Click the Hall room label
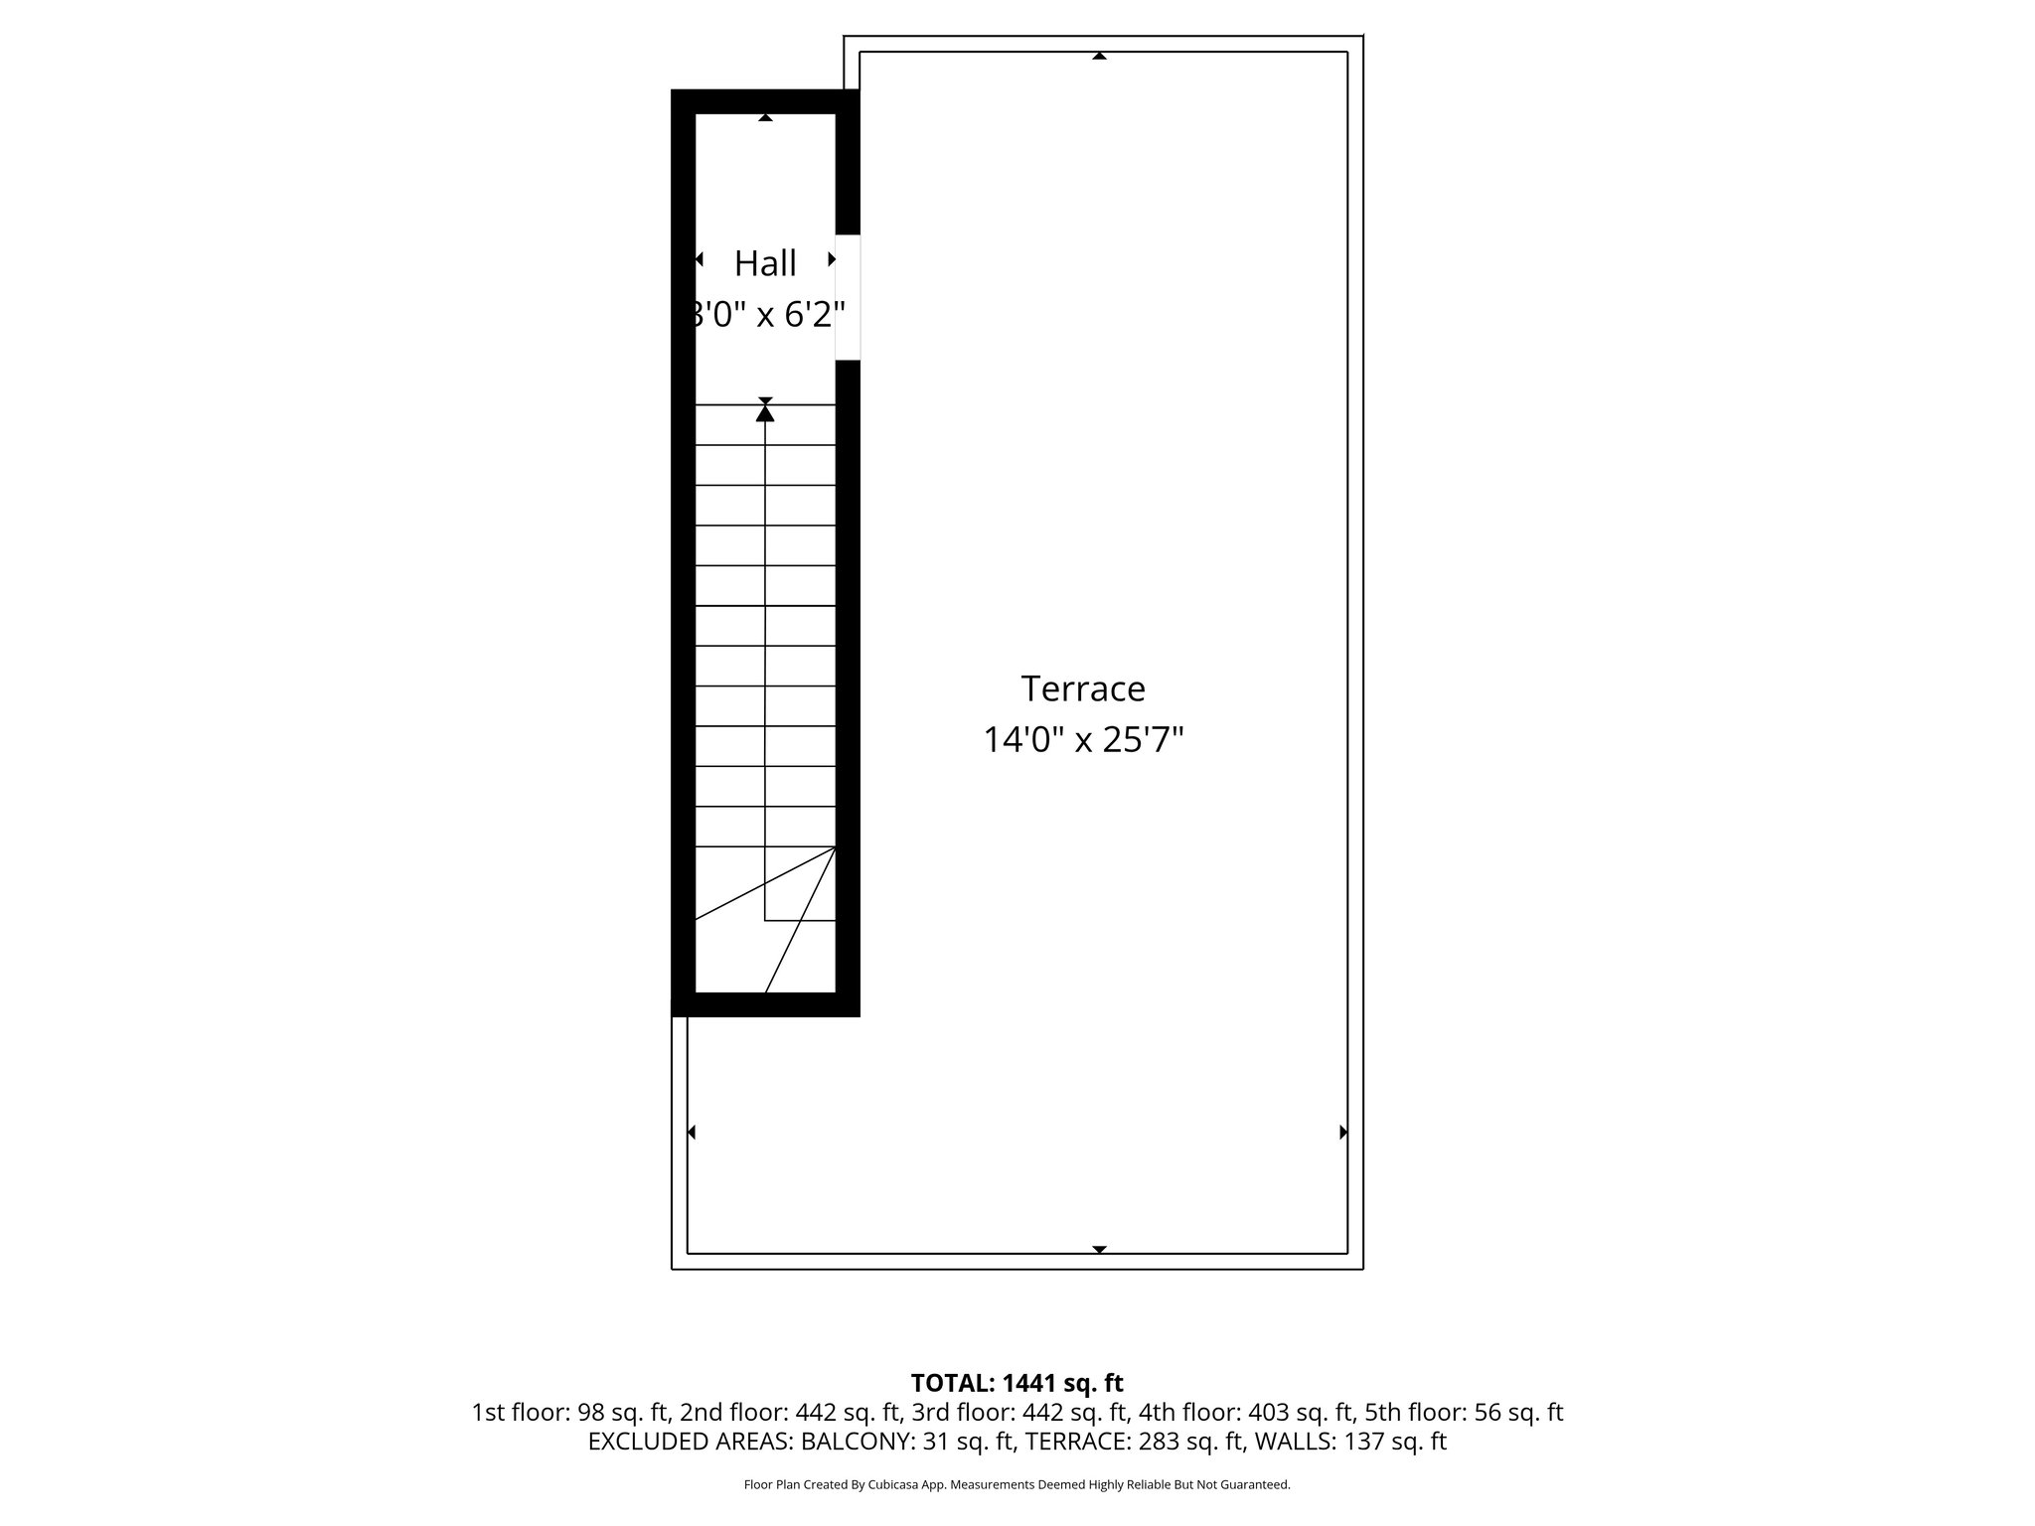765,263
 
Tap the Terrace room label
1083,688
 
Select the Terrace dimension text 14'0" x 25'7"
1083,740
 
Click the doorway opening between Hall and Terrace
848,297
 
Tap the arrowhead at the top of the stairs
765,411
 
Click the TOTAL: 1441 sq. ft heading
1017,1383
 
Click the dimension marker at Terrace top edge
1099,56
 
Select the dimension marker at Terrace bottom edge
1099,1249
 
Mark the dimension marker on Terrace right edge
1343,1132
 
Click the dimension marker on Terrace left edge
692,1132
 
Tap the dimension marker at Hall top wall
765,117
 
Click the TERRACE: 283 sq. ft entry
1135,1442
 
